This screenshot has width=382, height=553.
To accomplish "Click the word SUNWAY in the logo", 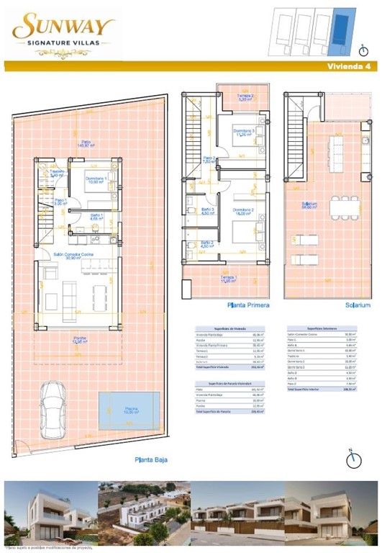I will (63, 28).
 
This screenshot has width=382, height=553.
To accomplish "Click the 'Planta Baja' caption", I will (151, 459).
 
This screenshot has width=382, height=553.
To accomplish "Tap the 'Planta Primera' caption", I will (248, 305).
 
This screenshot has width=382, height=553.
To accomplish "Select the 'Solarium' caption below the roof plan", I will (358, 305).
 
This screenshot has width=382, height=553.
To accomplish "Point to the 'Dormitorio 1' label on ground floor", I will (96, 179).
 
